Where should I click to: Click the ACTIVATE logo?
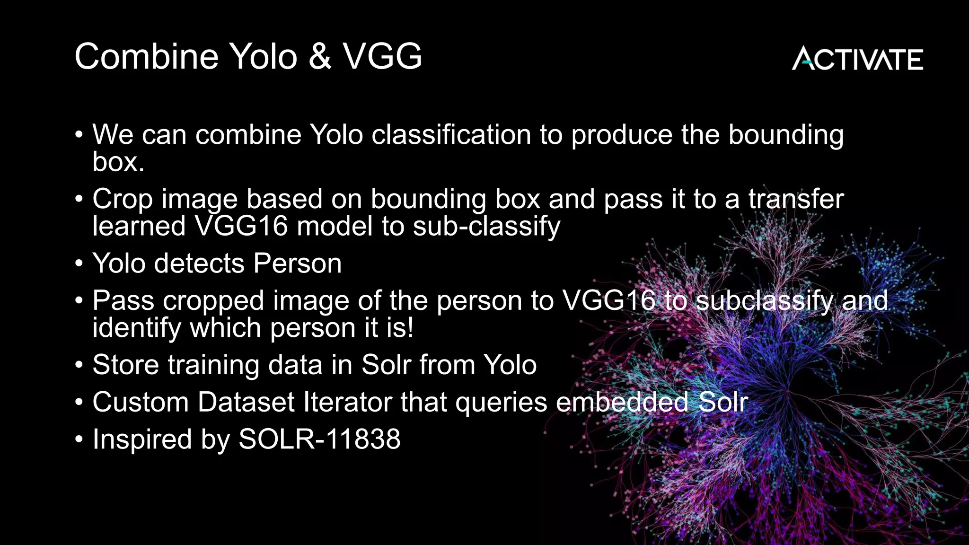point(857,59)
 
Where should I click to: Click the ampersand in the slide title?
point(320,57)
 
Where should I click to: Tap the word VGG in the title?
point(382,57)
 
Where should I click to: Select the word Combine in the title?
point(146,57)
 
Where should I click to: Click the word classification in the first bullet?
point(451,135)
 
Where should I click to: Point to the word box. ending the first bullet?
point(118,162)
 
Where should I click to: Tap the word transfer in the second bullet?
point(796,199)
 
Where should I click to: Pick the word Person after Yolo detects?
point(297,264)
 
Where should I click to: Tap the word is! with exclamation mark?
point(400,328)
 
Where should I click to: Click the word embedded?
point(622,402)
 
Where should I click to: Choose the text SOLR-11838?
point(319,439)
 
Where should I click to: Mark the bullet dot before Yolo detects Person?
point(79,264)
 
